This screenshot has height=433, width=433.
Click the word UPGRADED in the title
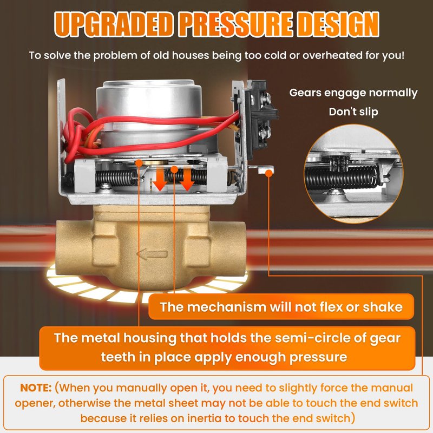pyautogui.click(x=114, y=24)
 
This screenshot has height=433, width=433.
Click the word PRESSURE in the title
pyautogui.click(x=236, y=24)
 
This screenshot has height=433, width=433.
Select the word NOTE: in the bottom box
pyautogui.click(x=36, y=388)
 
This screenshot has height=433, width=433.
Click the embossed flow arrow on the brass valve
pyautogui.click(x=152, y=254)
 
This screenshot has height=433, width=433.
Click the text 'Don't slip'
pyautogui.click(x=353, y=112)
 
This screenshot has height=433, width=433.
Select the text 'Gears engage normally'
pyautogui.click(x=353, y=93)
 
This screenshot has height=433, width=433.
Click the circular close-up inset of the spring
pyautogui.click(x=353, y=174)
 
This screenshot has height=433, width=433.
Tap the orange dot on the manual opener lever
pyautogui.click(x=268, y=173)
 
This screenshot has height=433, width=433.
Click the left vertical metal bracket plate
pyautogui.click(x=61, y=133)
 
